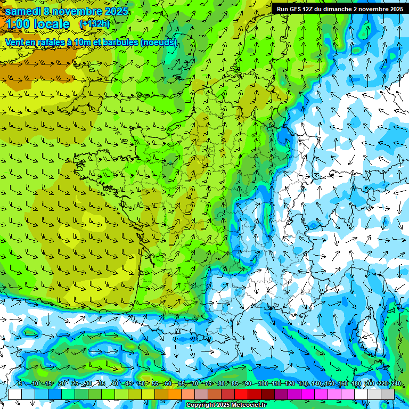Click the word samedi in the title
point(24,11)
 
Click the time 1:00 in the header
point(17,24)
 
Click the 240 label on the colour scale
point(396,383)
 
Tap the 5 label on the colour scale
point(20,383)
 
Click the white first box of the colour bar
point(15,394)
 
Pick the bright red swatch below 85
point(241,394)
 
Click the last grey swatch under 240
point(388,394)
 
